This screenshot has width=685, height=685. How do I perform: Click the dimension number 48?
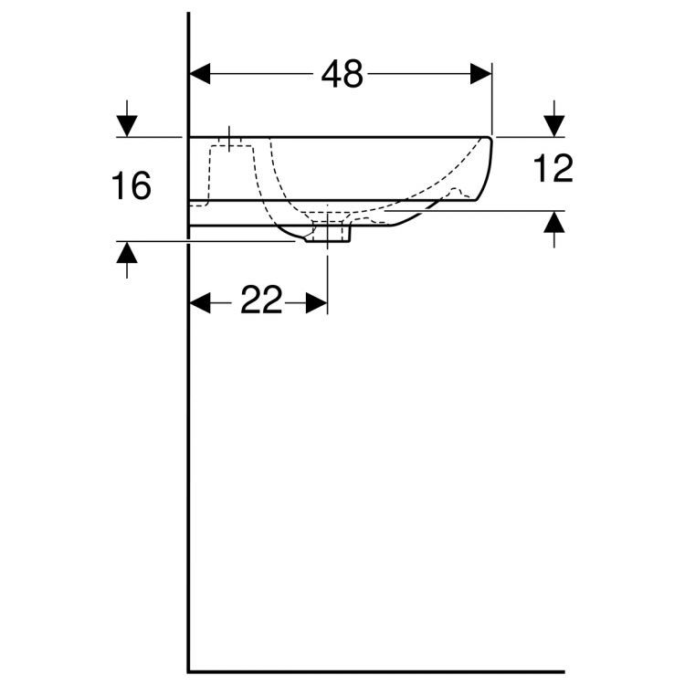[x=342, y=75]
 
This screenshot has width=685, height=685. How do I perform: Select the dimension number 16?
[x=131, y=186]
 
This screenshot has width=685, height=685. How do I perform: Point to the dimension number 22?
[x=261, y=300]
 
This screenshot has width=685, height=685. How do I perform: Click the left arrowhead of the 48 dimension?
[x=200, y=74]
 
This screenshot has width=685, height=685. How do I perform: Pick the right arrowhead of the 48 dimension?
[x=480, y=74]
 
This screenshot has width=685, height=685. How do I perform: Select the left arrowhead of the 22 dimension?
[x=200, y=301]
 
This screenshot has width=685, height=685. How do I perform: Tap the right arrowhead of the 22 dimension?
[x=316, y=301]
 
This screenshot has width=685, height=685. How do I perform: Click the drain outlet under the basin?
[x=328, y=235]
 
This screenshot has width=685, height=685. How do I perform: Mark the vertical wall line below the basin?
[x=188, y=457]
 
